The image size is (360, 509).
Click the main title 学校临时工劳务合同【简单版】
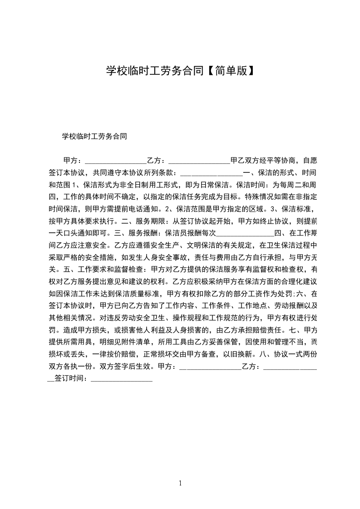pyautogui.click(x=180, y=71)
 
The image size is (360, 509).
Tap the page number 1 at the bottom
pyautogui.click(x=180, y=483)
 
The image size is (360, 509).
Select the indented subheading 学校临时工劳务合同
pyautogui.click(x=94, y=136)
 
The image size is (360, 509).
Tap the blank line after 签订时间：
pyautogui.click(x=122, y=379)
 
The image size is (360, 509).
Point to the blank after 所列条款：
pyautogui.click(x=212, y=173)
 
